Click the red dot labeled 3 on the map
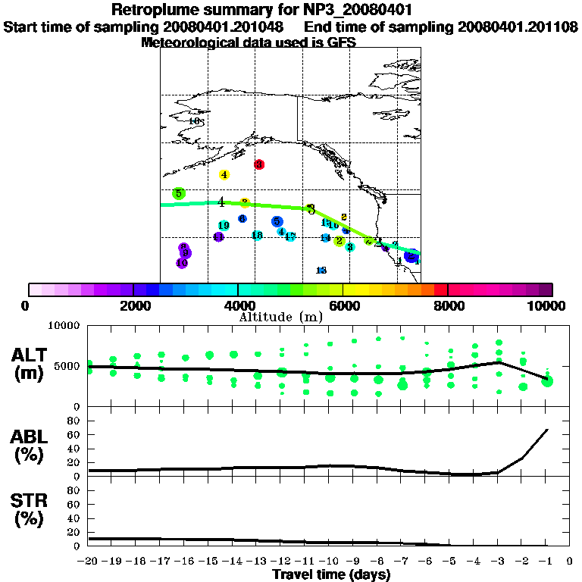[259, 164]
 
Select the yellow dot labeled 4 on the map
[224, 174]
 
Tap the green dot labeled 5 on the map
[179, 193]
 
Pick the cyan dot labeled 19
[224, 225]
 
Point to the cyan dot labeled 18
[257, 235]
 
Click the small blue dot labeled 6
[242, 219]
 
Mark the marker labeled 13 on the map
[321, 271]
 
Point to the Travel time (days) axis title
[331, 574]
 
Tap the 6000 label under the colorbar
[343, 305]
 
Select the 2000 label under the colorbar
[133, 305]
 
